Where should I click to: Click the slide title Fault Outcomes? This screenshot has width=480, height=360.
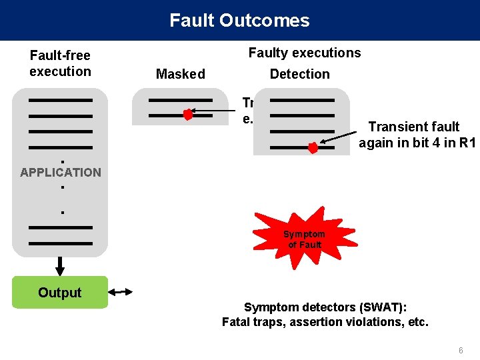239,20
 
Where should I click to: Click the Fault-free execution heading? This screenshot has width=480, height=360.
60,63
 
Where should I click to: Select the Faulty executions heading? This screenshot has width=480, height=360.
305,53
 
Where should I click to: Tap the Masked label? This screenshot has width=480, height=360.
180,74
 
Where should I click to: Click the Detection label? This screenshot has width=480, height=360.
299,74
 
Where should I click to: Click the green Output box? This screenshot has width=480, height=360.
60,293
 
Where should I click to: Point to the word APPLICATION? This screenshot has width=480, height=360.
61,172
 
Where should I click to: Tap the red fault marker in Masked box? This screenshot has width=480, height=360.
188,115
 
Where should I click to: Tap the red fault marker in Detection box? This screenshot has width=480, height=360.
313,148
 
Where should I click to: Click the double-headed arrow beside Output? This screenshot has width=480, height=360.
121,292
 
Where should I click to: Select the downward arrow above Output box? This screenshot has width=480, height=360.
60,266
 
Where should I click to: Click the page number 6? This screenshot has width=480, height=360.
460,351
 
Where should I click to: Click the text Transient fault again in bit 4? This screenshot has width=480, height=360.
413,134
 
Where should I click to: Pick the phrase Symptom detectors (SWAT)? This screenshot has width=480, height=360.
325,307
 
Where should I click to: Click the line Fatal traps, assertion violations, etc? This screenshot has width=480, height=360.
325,323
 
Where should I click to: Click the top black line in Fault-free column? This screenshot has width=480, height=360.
61,100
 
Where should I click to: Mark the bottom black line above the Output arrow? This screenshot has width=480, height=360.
61,243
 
